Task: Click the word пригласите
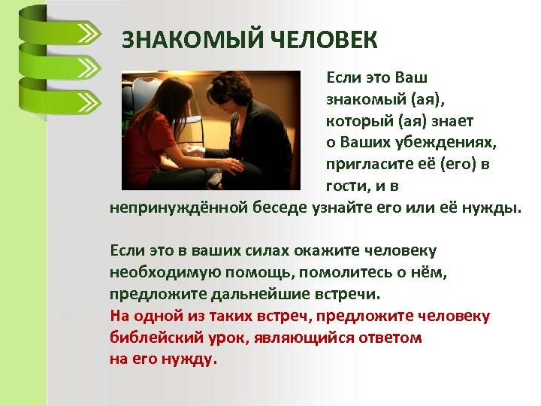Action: point(364,164)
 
